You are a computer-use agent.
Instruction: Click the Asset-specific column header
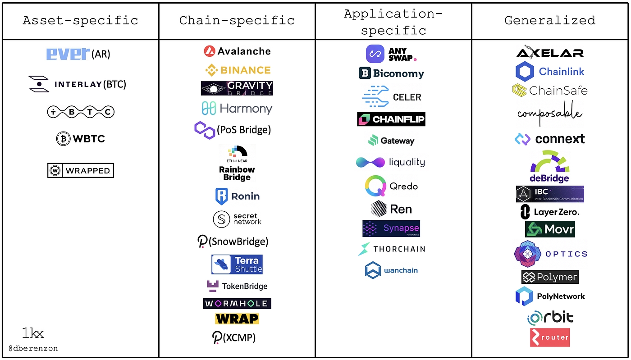click(x=80, y=20)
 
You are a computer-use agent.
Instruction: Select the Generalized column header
click(x=549, y=20)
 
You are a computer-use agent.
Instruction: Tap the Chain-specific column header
click(x=237, y=20)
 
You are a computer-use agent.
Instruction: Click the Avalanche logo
click(x=237, y=51)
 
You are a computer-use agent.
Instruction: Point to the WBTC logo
click(x=80, y=138)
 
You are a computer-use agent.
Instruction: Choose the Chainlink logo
click(x=550, y=71)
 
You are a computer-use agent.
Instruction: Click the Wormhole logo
click(x=237, y=303)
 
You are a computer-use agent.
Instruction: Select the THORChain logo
click(x=391, y=249)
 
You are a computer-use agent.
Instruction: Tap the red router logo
click(x=550, y=337)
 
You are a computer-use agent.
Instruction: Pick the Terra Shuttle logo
click(x=237, y=264)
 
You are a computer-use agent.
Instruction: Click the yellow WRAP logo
click(x=237, y=319)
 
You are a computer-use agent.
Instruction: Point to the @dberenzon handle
click(x=33, y=348)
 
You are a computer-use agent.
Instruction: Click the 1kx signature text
click(x=33, y=334)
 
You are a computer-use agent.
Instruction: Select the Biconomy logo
click(x=391, y=73)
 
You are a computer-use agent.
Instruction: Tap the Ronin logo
click(x=237, y=196)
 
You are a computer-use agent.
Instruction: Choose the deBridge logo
click(x=550, y=167)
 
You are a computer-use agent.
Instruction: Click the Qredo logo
click(x=391, y=186)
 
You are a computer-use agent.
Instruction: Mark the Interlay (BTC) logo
click(x=77, y=84)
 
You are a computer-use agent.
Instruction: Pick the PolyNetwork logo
click(x=550, y=296)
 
